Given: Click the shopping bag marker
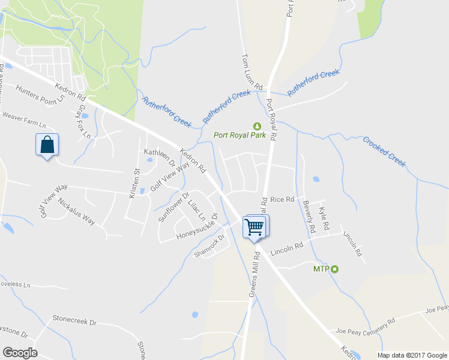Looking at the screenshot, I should coord(47,145).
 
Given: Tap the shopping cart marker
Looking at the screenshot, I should coord(254,227).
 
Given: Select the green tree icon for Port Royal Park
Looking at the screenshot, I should coord(258,126).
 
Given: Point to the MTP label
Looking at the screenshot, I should coord(321,268).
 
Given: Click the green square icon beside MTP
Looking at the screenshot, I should coord(335,268).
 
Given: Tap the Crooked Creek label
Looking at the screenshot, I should coord(384,151).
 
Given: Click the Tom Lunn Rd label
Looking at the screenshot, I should coord(252,72).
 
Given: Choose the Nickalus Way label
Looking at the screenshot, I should coord(76,210).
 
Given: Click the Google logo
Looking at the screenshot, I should coord(20,353).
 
